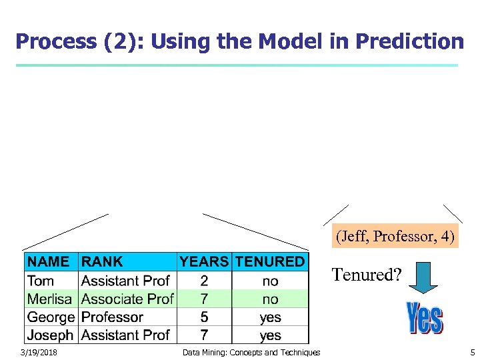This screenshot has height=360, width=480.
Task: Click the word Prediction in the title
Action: (x=409, y=41)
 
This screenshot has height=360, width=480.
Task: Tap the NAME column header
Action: (x=49, y=262)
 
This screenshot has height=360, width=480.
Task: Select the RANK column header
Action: (x=102, y=262)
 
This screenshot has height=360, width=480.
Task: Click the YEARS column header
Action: (x=204, y=262)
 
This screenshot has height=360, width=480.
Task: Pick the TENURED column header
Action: (x=270, y=262)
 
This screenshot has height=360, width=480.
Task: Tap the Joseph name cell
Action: (x=51, y=335)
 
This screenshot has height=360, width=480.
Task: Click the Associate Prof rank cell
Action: (x=127, y=299)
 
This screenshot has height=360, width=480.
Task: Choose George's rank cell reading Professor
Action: (x=112, y=317)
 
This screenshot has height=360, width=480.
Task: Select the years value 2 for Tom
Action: (x=204, y=281)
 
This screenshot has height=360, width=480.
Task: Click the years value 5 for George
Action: (x=204, y=317)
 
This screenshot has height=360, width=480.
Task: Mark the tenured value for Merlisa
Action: (x=270, y=299)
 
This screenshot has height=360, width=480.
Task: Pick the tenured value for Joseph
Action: (x=270, y=335)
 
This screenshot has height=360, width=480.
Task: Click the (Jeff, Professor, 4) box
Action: (x=396, y=236)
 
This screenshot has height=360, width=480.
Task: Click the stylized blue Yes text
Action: (x=425, y=318)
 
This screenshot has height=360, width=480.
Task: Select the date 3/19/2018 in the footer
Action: (x=39, y=352)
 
